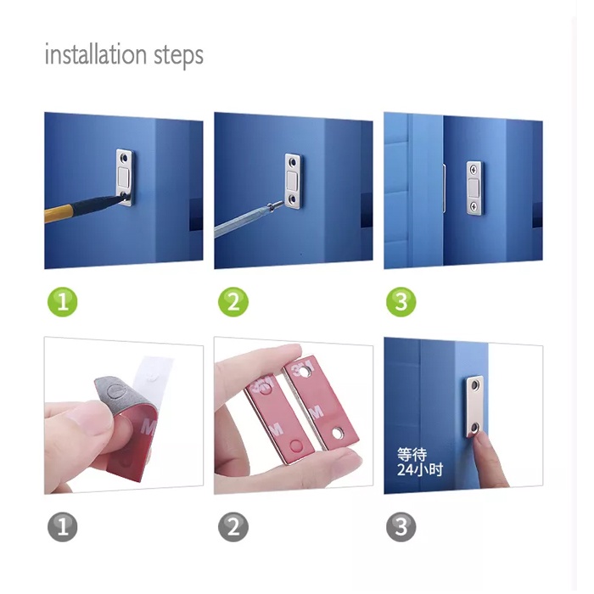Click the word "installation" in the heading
95,54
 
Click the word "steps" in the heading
178,56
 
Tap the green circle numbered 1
63,302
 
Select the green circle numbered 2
233,302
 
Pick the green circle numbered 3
401,302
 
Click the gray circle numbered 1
63,527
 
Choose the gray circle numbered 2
233,527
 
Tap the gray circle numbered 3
401,527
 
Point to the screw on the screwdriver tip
276,206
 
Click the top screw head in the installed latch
474,170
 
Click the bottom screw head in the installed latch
474,206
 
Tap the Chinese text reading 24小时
420,470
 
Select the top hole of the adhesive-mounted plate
475,385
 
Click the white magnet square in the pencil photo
124,177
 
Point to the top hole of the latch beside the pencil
123,156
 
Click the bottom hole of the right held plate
338,432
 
